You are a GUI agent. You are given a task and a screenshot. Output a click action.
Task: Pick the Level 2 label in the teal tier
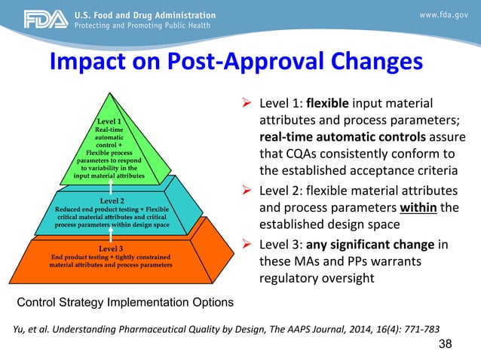pyautogui.click(x=112, y=201)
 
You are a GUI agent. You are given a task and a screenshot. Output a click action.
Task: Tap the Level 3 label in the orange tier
pyautogui.click(x=111, y=248)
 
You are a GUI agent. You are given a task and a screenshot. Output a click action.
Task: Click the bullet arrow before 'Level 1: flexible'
pyautogui.click(x=247, y=102)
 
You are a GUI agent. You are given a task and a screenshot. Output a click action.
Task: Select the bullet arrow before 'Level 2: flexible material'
pyautogui.click(x=247, y=189)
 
